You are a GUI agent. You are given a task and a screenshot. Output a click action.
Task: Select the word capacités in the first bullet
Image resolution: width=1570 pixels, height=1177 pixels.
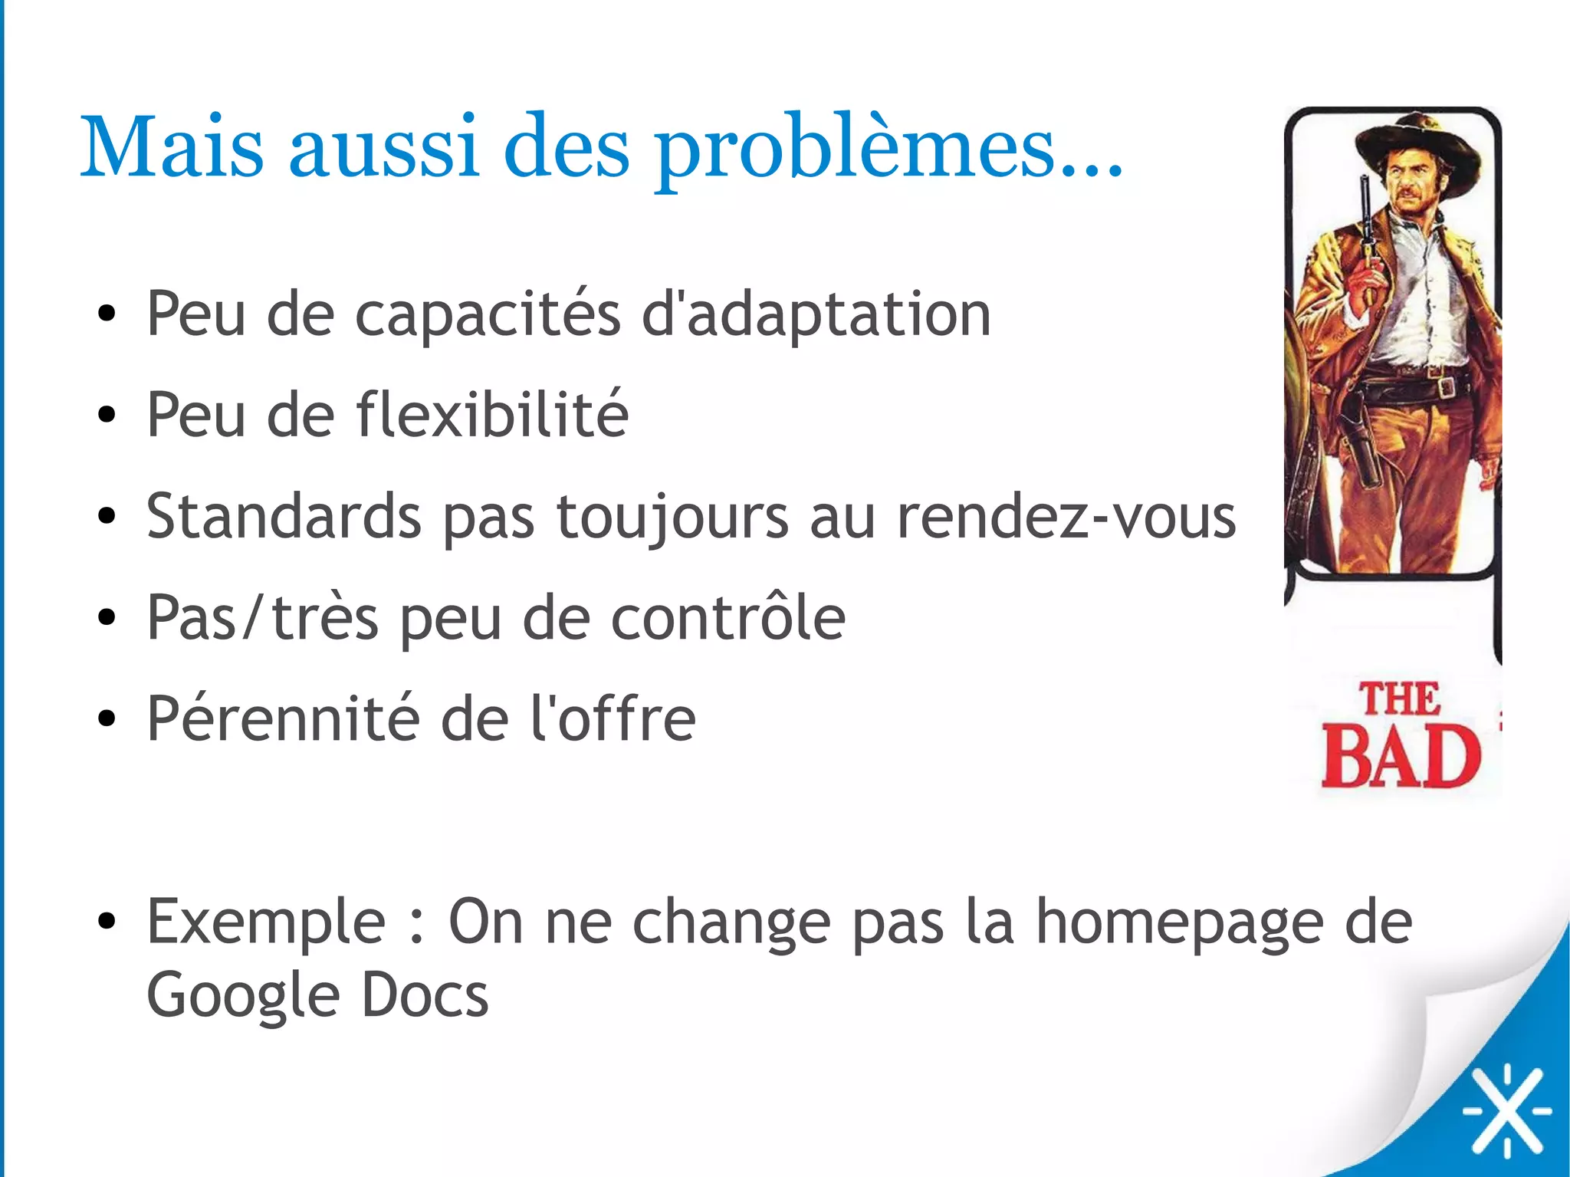pyautogui.click(x=487, y=314)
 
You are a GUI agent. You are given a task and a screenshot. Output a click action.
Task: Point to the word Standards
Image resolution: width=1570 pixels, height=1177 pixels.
pyautogui.click(x=284, y=516)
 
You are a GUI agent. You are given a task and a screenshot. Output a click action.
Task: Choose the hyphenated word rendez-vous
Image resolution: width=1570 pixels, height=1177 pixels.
pyautogui.click(x=1066, y=516)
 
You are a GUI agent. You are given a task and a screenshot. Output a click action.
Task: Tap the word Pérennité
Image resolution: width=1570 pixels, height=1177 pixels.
pyautogui.click(x=282, y=718)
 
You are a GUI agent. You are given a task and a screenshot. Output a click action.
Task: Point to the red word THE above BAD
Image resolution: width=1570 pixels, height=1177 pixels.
pyautogui.click(x=1399, y=699)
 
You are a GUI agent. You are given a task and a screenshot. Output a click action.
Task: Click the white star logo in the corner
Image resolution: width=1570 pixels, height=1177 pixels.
pyautogui.click(x=1506, y=1110)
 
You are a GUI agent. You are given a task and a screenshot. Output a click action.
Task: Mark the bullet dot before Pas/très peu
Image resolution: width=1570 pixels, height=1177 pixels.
pyautogui.click(x=107, y=617)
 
